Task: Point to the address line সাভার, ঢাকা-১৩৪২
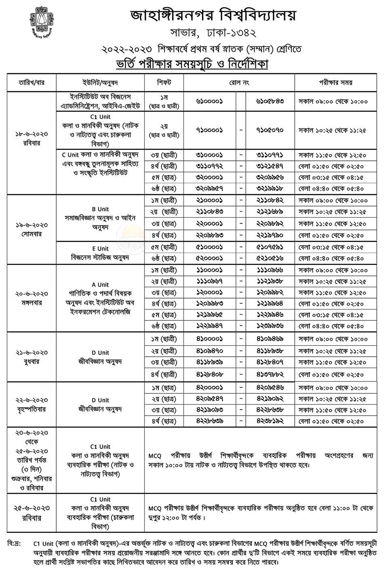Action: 213,32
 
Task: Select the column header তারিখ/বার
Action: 32,82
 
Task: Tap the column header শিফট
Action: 164,82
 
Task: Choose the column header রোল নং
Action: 239,82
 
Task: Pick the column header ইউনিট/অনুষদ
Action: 100,82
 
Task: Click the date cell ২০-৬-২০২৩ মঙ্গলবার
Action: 32,298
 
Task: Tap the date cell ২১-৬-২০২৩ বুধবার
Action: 32,357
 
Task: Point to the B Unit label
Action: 100,209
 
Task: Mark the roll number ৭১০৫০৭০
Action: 270,130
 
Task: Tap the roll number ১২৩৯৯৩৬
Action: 270,326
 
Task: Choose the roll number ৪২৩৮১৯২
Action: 270,421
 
